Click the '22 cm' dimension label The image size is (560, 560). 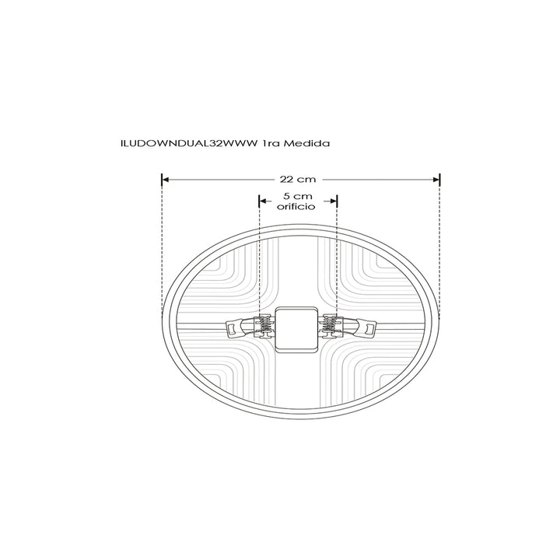pos(299,180)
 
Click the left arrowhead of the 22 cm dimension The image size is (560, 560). pos(164,180)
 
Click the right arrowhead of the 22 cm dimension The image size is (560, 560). pos(437,180)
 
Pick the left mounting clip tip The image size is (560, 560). pos(232,330)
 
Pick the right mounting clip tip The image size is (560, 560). pos(366,330)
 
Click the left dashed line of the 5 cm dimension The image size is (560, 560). pos(259,264)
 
